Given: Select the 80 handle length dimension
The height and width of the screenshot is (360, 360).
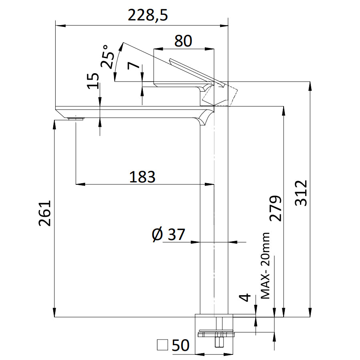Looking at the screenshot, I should [183, 40].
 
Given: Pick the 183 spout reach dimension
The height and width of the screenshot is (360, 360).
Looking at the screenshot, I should [142, 176].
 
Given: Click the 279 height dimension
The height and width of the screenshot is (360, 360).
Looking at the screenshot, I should [275, 208].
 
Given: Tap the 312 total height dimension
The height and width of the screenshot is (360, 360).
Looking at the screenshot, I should [301, 193].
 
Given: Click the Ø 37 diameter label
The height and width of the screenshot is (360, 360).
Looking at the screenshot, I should [169, 234].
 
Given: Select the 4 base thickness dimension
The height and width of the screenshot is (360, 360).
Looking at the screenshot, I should [246, 298].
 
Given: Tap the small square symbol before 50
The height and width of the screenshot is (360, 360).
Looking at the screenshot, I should [162, 345].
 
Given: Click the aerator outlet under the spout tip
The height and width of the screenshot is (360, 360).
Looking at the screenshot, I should [75, 118].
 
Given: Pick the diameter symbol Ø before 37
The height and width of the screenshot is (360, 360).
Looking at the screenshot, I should [157, 235].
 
